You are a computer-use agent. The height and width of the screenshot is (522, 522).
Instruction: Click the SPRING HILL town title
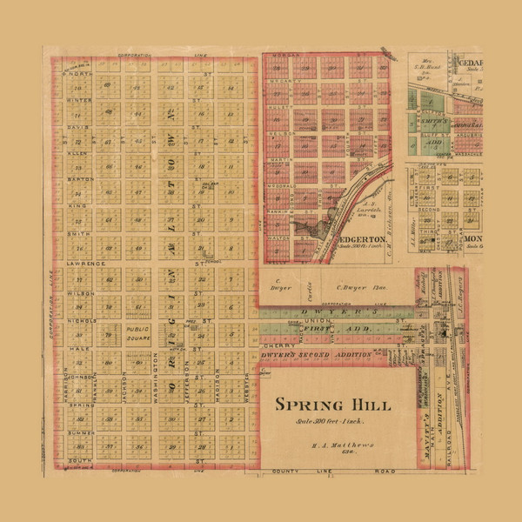tap(333, 405)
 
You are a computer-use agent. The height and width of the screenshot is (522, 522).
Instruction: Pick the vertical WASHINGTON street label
tap(155, 388)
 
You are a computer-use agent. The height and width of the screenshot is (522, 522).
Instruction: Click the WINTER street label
tap(77, 99)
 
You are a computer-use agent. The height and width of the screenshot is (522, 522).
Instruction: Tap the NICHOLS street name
tap(80, 320)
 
